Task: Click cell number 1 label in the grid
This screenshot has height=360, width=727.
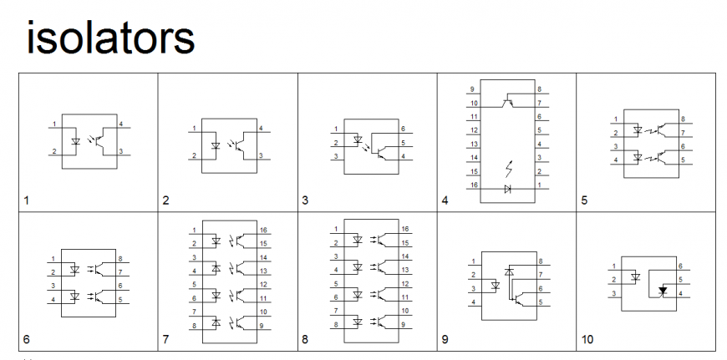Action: pos(27,200)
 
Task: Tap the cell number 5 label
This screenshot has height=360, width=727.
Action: pos(584,200)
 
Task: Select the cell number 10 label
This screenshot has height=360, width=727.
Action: pos(587,340)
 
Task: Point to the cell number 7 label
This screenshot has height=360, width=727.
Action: pos(165,340)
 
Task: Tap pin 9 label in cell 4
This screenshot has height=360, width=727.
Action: pos(473,89)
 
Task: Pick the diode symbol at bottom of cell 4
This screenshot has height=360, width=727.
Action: pos(508,190)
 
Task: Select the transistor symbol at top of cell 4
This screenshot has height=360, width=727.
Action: pos(508,102)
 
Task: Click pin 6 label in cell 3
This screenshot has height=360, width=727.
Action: pos(403,129)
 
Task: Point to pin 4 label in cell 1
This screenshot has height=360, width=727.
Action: pos(121,124)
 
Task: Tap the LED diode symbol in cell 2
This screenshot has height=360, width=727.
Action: pos(216,145)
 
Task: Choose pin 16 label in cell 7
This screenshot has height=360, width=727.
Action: pos(264,229)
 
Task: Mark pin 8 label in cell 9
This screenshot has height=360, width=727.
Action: pos(541,261)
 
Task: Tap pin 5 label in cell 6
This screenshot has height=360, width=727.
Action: pos(120,299)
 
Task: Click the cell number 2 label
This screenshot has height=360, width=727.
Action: pos(165,200)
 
